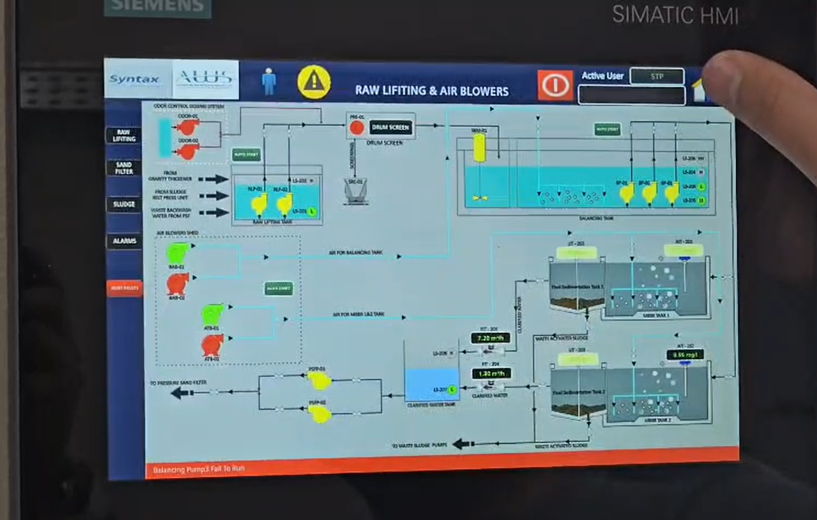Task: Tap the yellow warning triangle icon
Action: point(313,82)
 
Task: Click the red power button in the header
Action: point(555,85)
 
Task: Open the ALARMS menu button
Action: point(125,241)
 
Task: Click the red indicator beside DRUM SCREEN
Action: point(357,128)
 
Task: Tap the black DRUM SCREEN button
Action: point(390,128)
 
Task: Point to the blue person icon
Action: point(269,82)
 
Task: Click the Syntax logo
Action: point(134,80)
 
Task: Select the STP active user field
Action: point(657,77)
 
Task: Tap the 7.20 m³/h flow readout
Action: point(490,338)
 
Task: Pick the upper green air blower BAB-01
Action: point(178,253)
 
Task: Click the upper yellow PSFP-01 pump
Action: point(319,380)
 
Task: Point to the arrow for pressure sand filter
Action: point(182,393)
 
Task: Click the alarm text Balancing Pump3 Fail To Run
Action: point(199,469)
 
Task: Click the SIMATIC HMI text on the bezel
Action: point(675,15)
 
